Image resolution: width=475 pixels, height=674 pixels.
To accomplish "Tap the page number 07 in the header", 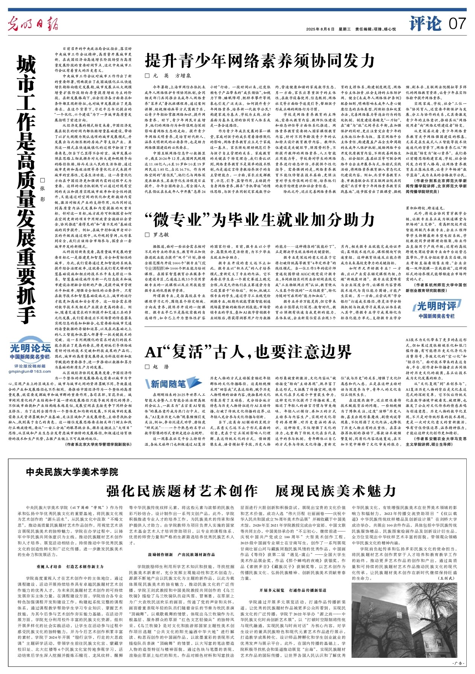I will (457, 24).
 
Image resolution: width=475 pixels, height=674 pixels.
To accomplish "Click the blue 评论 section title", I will (425, 24).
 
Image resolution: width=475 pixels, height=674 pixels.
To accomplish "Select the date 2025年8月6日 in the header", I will (320, 29).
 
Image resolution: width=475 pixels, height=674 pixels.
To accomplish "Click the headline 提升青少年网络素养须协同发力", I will (260, 61).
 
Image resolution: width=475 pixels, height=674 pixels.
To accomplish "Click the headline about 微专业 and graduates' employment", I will (260, 219).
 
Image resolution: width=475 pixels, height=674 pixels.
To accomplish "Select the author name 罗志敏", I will (160, 234).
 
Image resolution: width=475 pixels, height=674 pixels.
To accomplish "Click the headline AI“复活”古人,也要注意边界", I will (248, 352).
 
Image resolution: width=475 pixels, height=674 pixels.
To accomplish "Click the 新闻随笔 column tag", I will (166, 384).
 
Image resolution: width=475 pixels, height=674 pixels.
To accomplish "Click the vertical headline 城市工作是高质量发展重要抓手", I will (26, 188).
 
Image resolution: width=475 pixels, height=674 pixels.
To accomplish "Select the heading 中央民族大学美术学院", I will (72, 472).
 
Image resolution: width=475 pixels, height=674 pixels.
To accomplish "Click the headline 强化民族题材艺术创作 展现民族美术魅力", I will (251, 491).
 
